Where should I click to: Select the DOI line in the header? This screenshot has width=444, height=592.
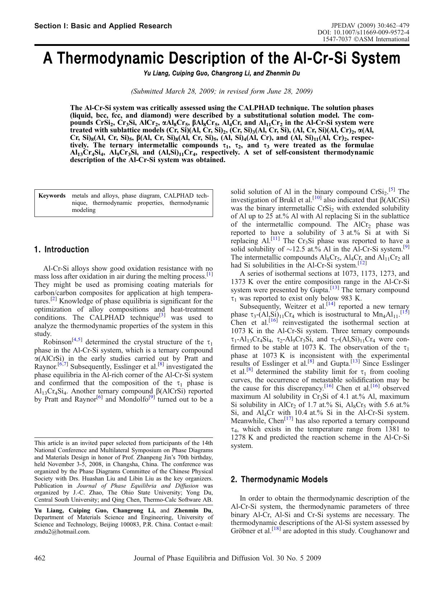click(x=363, y=32)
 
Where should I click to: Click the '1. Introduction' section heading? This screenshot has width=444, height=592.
click(x=61, y=250)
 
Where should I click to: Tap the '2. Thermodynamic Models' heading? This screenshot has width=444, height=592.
click(x=279, y=480)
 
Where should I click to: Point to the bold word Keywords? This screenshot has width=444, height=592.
click(x=52, y=196)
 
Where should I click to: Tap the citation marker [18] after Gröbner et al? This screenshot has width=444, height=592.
click(x=277, y=529)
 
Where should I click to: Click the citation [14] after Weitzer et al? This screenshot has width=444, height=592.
click(x=330, y=305)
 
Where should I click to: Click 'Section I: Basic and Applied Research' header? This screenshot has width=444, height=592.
click(x=103, y=26)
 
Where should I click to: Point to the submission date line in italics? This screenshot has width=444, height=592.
click(x=222, y=91)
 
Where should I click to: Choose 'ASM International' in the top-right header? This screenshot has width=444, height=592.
click(x=387, y=39)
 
